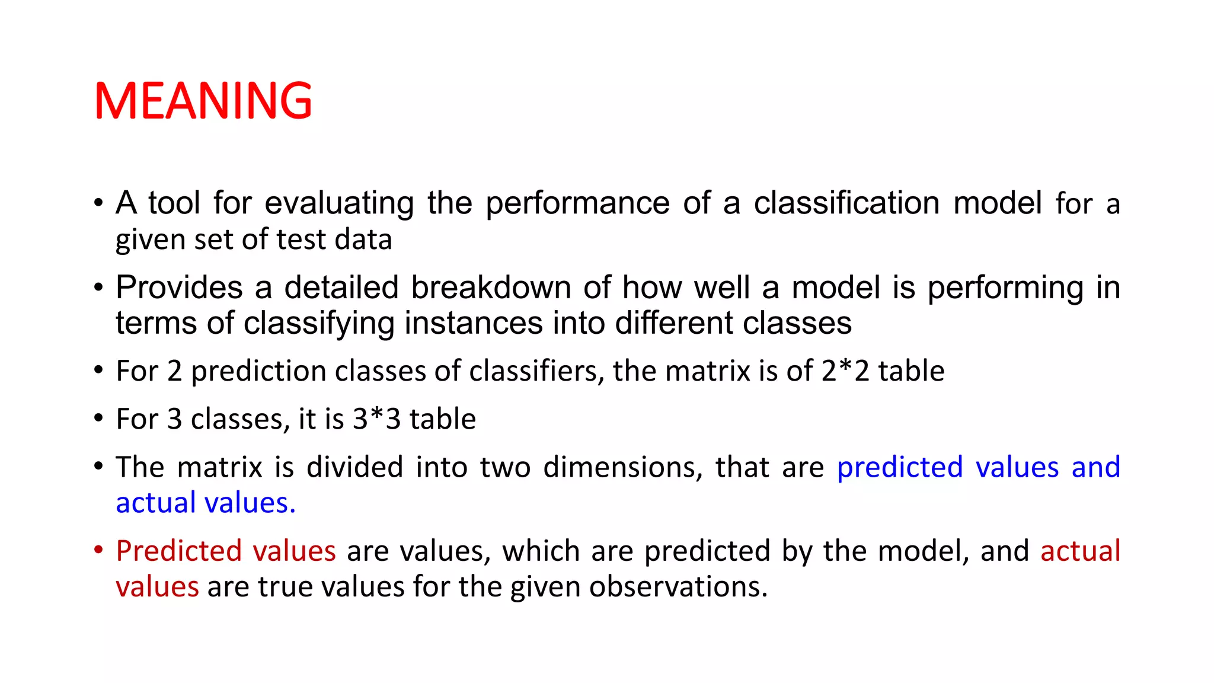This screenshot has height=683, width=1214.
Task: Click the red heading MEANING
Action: point(203,101)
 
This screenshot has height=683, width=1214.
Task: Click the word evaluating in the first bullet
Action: point(339,203)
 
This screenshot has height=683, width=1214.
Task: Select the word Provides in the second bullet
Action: point(179,288)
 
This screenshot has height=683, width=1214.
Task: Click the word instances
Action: point(473,324)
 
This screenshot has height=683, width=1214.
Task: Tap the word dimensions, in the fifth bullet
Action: point(622,467)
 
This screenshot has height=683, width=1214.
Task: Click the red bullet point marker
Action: point(98,550)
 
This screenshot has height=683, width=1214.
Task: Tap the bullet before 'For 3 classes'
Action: point(98,418)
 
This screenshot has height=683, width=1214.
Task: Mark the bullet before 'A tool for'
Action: point(98,203)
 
